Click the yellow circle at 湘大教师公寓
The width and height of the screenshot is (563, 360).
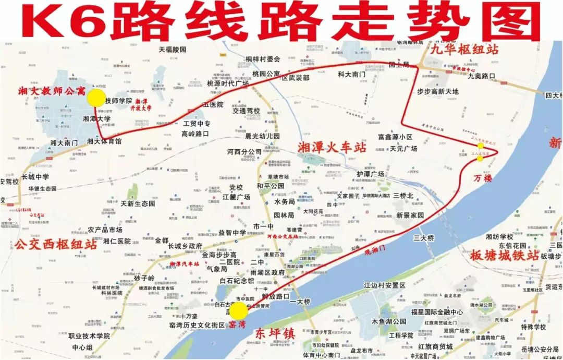click(x=96, y=97)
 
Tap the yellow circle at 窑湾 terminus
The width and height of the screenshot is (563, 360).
click(x=239, y=311)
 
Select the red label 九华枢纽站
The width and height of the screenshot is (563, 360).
click(x=464, y=50)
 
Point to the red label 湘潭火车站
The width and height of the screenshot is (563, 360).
click(x=332, y=148)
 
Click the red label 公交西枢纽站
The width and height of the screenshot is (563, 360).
click(x=56, y=244)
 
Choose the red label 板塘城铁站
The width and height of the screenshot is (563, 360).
click(x=505, y=256)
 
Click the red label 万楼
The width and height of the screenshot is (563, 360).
click(x=483, y=178)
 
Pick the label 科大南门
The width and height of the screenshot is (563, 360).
click(x=351, y=75)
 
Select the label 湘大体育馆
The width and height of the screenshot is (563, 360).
click(x=104, y=141)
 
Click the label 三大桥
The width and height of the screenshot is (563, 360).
click(x=423, y=238)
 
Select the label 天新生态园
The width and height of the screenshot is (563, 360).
click(x=138, y=203)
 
